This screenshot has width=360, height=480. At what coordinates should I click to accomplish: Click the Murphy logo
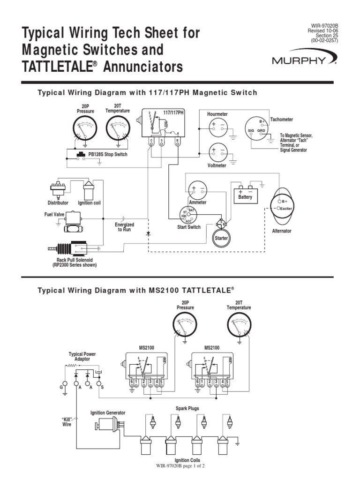pyautogui.click(x=304, y=60)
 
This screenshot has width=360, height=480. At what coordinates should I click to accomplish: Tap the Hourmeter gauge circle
pyautogui.click(x=217, y=125)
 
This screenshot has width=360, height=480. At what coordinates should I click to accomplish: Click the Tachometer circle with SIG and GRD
pyautogui.click(x=256, y=128)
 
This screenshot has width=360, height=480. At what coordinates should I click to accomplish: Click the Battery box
pyautogui.click(x=246, y=194)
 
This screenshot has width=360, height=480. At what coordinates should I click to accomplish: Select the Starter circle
pyautogui.click(x=221, y=238)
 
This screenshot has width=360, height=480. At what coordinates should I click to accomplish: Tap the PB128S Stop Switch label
pyautogui.click(x=107, y=154)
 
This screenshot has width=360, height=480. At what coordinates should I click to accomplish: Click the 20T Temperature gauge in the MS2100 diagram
pyautogui.click(x=239, y=326)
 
